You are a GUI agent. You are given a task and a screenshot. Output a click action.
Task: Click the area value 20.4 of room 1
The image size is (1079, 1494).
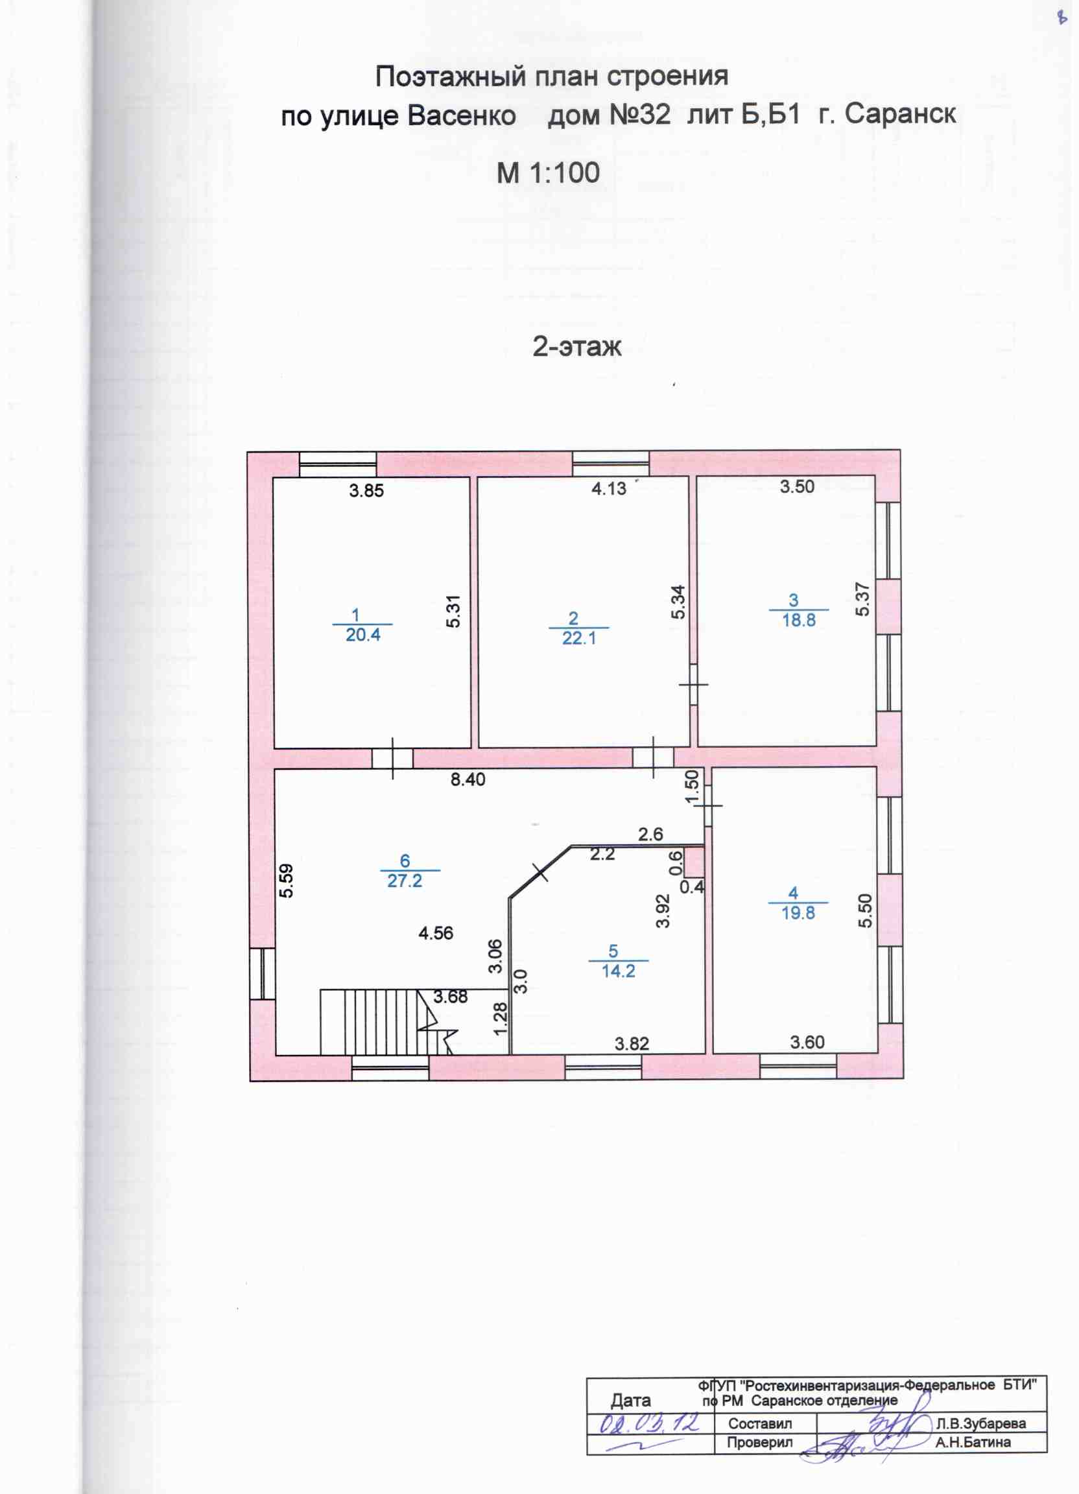pyautogui.click(x=363, y=635)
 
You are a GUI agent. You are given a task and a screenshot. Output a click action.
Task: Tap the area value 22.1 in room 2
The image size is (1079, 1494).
pyautogui.click(x=579, y=638)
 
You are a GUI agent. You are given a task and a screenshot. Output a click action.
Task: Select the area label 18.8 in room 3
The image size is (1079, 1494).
pyautogui.click(x=798, y=621)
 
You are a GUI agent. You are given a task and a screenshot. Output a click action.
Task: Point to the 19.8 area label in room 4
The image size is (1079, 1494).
pyautogui.click(x=798, y=914)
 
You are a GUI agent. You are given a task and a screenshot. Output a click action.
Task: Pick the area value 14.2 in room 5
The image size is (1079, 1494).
pyautogui.click(x=619, y=971)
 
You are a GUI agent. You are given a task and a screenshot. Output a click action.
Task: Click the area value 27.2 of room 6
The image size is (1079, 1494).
pyautogui.click(x=405, y=881)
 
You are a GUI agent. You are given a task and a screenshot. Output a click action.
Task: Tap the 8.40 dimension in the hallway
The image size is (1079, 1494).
pyautogui.click(x=468, y=779)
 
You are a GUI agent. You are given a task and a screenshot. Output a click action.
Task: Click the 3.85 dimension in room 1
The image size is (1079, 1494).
pyautogui.click(x=366, y=490)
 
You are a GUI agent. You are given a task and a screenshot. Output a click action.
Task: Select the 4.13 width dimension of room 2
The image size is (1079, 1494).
pyautogui.click(x=609, y=489)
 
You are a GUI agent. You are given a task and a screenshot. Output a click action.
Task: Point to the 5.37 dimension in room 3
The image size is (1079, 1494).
pyautogui.click(x=862, y=599)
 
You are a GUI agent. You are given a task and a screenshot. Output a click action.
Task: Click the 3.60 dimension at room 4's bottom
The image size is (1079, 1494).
pyautogui.click(x=807, y=1042)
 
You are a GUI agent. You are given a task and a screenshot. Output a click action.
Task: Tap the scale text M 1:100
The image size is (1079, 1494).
pyautogui.click(x=548, y=172)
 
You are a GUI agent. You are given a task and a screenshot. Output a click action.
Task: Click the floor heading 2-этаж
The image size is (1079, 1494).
pyautogui.click(x=577, y=346)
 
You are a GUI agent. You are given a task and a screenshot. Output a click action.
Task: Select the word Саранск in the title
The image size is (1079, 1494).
pyautogui.click(x=900, y=114)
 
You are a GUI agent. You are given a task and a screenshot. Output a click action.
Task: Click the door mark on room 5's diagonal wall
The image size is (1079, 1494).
pyautogui.click(x=540, y=873)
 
